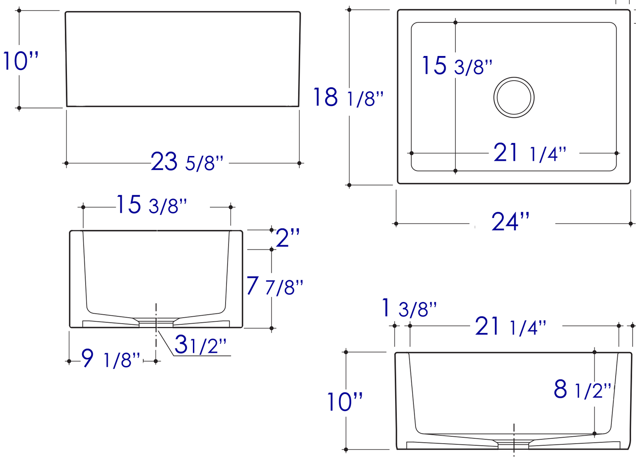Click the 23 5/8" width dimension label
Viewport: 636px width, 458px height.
pos(187,162)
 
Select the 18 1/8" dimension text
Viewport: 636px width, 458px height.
pos(348,98)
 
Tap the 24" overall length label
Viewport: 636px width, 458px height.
pos(510,222)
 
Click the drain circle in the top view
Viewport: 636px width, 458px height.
pos(513,98)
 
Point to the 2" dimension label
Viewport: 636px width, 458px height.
pos(287,238)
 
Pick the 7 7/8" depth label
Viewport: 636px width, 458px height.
pos(275,287)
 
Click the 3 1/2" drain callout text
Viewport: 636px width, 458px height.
pos(200,345)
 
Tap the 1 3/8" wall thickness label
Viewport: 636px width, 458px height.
pos(409,308)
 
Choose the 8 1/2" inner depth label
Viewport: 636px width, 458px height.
pos(583,389)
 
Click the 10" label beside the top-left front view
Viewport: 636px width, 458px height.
pos(20,61)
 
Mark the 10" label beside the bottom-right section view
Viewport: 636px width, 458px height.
pos(344,402)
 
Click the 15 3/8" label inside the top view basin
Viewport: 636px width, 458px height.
pos(457,66)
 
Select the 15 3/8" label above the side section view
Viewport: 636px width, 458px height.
pos(151,205)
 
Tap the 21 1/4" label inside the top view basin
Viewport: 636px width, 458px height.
pos(530,153)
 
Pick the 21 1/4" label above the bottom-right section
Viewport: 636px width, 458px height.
pos(510,327)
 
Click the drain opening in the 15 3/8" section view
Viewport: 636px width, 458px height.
pos(156,323)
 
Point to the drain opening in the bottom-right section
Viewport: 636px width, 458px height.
pos(513,444)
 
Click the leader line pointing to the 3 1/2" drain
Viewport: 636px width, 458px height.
pos(166,343)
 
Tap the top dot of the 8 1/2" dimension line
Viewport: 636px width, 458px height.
pos(594,352)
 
